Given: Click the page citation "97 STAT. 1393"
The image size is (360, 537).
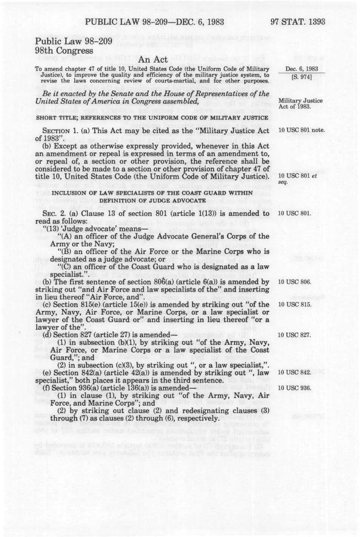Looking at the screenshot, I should (x=297, y=22).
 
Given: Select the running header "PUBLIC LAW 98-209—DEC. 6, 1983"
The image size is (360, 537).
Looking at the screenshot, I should (x=154, y=22).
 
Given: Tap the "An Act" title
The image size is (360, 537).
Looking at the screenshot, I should (x=152, y=60).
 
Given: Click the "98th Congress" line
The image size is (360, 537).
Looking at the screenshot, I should (x=64, y=51).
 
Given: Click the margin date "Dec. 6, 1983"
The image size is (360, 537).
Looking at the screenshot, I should (x=302, y=69).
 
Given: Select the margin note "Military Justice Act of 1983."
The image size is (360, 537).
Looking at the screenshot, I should (x=300, y=103).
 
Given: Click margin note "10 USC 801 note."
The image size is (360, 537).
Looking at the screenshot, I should (x=301, y=131).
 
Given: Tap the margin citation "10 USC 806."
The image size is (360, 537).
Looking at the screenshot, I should (x=295, y=282).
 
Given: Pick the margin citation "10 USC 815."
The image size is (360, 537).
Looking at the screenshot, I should (x=295, y=305).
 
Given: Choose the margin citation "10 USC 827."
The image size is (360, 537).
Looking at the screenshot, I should (x=294, y=335).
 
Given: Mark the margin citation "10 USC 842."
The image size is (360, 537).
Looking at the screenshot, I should (x=295, y=372).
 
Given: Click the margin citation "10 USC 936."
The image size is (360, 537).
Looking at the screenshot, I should (x=295, y=388).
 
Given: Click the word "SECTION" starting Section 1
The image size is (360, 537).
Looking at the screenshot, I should (x=56, y=131).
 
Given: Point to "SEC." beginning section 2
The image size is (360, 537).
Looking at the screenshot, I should (x=50, y=214).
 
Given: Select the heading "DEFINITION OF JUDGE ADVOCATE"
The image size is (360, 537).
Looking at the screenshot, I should (x=152, y=200).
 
